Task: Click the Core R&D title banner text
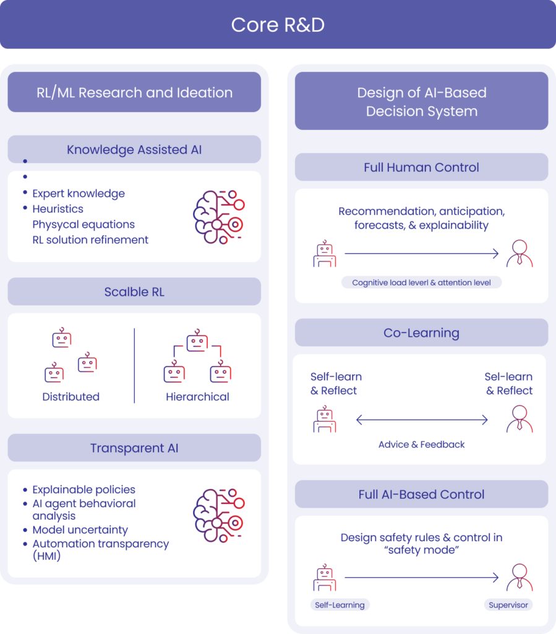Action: coord(278,25)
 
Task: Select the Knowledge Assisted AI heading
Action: coord(134,150)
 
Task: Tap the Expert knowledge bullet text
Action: coord(79,193)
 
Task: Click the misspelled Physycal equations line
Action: coord(83,224)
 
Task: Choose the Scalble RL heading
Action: coord(134,292)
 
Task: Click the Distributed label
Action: coord(71,397)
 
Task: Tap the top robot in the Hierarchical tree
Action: coord(197,341)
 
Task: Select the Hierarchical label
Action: coord(197,397)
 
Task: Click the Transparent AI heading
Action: coord(134,448)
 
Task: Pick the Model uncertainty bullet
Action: coord(80,530)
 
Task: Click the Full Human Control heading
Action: coord(421,167)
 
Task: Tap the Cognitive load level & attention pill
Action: coord(421,282)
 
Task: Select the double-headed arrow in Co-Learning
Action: coord(422,420)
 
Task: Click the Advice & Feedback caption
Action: coord(421,444)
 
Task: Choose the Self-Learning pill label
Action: coord(340,605)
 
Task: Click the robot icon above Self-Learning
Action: coord(325,578)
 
